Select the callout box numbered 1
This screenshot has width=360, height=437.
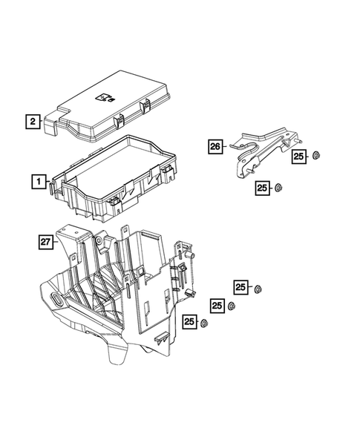(x=36, y=180)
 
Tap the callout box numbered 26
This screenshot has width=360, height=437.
(x=215, y=148)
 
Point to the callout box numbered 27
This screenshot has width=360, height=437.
(x=47, y=240)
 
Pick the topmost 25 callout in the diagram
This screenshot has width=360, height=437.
(x=299, y=156)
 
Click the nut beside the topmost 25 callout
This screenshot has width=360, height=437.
(x=315, y=156)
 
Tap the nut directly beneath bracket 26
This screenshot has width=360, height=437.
(x=278, y=187)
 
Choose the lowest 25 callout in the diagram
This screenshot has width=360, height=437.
(x=189, y=321)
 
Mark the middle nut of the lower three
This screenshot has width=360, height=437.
(x=232, y=306)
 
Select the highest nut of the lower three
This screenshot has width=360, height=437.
(x=259, y=288)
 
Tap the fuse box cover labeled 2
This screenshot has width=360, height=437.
(x=111, y=104)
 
